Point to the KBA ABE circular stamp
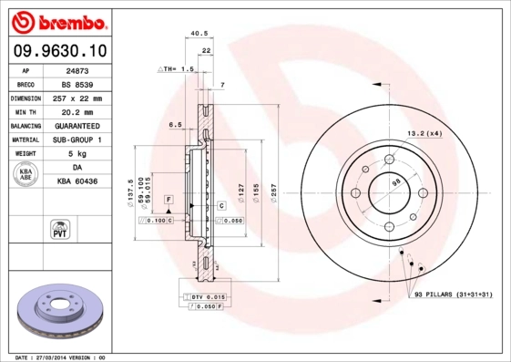pyautogui.click(x=26, y=174)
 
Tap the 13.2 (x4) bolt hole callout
pyautogui.click(x=424, y=133)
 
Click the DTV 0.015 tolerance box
pyautogui.click(x=208, y=297)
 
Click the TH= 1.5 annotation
pyautogui.click(x=179, y=69)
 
